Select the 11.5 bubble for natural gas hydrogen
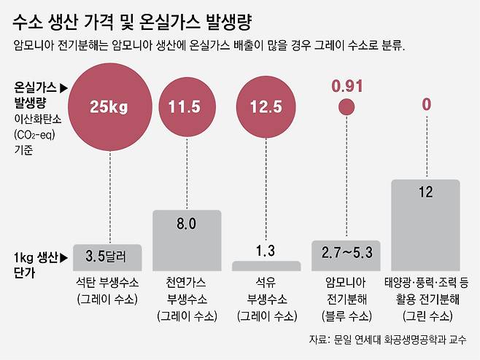coord(185,108)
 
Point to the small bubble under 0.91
coord(347,108)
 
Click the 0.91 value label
coord(347,86)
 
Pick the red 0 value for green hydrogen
coord(426,105)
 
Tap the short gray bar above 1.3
coord(266,266)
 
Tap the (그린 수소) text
coord(426,316)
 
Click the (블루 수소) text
coord(347,316)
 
